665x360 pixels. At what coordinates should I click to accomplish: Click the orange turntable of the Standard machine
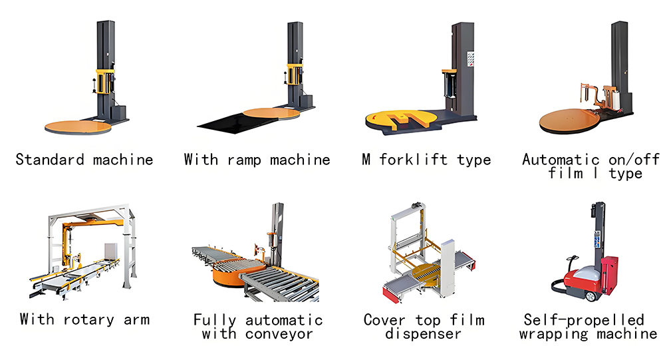[x=78, y=126]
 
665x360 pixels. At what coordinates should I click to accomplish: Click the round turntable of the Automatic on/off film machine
[x=570, y=120]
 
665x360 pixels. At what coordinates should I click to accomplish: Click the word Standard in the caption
[x=50, y=160]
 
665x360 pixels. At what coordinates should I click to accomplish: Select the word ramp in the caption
[x=244, y=160]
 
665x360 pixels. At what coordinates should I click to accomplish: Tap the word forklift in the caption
[x=413, y=160]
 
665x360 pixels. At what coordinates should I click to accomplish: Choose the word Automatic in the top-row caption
[x=561, y=160]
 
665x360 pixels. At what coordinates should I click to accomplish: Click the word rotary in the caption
[x=88, y=319]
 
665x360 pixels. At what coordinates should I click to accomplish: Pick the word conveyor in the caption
[x=279, y=334]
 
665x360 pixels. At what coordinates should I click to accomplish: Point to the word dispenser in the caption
[x=423, y=333]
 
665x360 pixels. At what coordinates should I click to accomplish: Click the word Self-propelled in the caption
[x=584, y=319]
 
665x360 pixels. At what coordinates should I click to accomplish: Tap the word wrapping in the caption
[x=554, y=334]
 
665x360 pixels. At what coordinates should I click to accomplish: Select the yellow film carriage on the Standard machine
[x=105, y=81]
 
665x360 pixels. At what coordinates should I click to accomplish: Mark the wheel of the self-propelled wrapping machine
[x=591, y=296]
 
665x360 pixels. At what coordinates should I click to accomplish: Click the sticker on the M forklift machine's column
[x=470, y=59]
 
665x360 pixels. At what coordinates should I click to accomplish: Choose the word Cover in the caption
[x=384, y=319]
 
